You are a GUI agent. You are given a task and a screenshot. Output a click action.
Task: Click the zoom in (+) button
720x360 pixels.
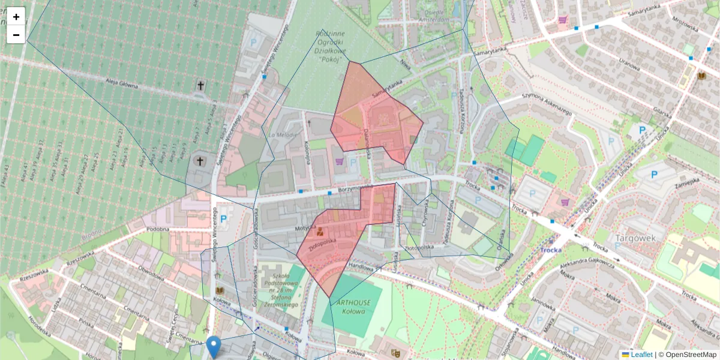click(16, 17)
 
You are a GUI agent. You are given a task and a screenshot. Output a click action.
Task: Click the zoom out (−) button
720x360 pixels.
click(16, 35)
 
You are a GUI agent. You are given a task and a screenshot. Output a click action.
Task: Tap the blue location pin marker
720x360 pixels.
click(213, 347)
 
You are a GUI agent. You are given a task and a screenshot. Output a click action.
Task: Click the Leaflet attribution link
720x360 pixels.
click(641, 355)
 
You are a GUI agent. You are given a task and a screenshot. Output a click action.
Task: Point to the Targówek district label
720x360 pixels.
click(635, 238)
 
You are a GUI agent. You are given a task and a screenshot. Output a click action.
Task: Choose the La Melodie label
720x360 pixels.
click(283, 136)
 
